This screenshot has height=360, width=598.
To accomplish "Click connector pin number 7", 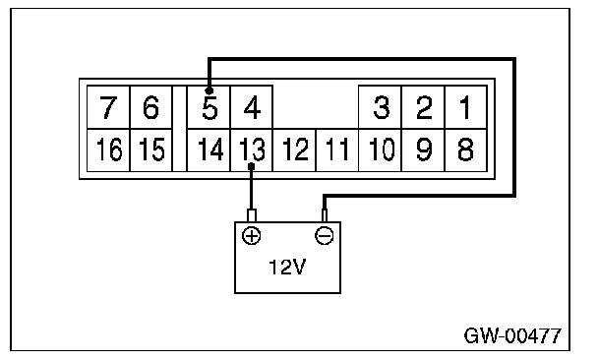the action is pyautogui.click(x=108, y=107).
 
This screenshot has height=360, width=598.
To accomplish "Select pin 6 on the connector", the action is pyautogui.click(x=151, y=107).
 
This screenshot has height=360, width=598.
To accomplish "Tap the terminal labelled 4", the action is pyautogui.click(x=252, y=107).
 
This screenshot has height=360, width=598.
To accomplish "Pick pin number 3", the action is pyautogui.click(x=381, y=107).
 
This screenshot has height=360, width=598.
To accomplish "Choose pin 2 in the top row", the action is pyautogui.click(x=423, y=107).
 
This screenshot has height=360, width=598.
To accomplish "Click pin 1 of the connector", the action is pyautogui.click(x=465, y=107).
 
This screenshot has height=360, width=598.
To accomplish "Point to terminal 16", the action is pyautogui.click(x=108, y=150).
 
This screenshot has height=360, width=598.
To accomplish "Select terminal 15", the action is pyautogui.click(x=151, y=150).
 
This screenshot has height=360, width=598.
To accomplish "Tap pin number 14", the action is pyautogui.click(x=209, y=150).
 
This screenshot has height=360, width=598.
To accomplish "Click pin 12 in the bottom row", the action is pyautogui.click(x=294, y=150).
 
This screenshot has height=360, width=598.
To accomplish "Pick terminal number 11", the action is pyautogui.click(x=337, y=150).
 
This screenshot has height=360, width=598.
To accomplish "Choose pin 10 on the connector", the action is pyautogui.click(x=381, y=150).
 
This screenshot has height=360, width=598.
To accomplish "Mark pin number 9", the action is pyautogui.click(x=423, y=150).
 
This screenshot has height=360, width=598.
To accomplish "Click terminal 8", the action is pyautogui.click(x=465, y=150).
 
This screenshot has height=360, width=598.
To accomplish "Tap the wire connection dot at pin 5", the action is pyautogui.click(x=209, y=90).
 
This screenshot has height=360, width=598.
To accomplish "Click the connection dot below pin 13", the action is pyautogui.click(x=251, y=166).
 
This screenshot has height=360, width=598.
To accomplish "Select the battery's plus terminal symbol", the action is pyautogui.click(x=252, y=235).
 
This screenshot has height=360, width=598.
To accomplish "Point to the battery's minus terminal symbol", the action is pyautogui.click(x=325, y=235).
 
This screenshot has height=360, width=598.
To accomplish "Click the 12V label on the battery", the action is pyautogui.click(x=287, y=267).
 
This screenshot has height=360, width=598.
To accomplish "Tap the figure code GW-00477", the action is pyautogui.click(x=512, y=335).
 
